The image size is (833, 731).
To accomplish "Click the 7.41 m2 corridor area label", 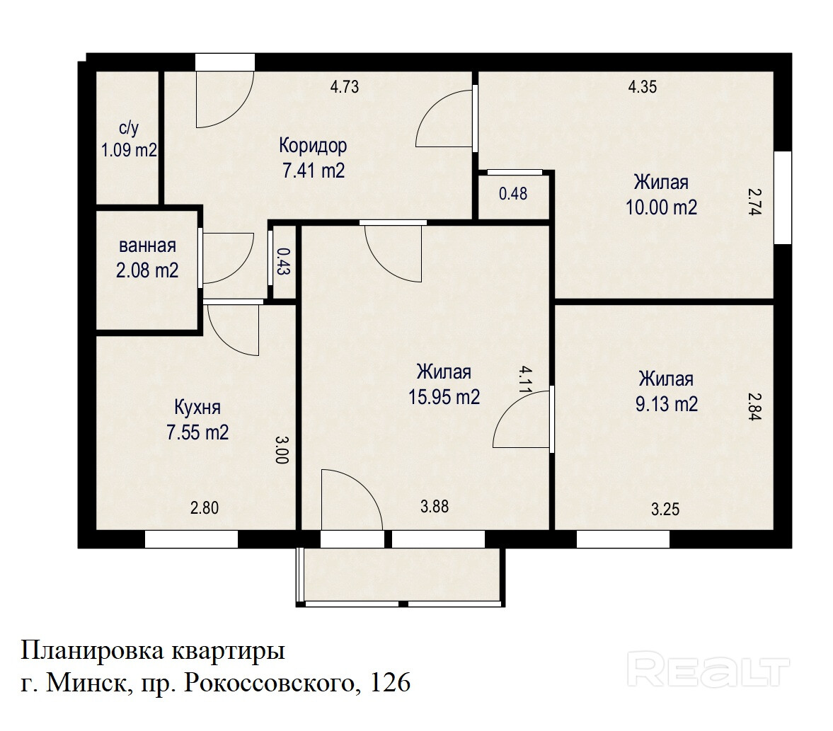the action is [314, 171].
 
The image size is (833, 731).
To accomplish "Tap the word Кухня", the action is [197, 408].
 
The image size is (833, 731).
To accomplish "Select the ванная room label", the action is [147, 246].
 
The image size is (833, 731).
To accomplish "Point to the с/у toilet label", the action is [129, 127].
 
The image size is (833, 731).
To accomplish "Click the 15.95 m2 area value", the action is [444, 397].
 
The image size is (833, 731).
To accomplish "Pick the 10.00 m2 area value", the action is [662, 207].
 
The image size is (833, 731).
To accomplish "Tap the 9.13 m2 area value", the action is [667, 404].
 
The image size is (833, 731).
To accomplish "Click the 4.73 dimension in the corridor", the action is [345, 86].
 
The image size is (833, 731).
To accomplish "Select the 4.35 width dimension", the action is [643, 86].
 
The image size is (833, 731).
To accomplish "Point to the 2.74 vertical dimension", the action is [755, 201].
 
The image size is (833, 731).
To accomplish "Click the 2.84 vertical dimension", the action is [755, 406].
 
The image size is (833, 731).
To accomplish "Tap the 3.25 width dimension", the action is [665, 510].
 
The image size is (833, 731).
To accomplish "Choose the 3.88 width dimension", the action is [435, 507].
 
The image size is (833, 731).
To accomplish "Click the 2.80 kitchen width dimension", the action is [205, 508].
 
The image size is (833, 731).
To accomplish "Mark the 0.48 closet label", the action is [513, 194].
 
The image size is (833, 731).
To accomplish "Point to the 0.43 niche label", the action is [282, 261].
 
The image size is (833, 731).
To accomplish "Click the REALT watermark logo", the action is [708, 670].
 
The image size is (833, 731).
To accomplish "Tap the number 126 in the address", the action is [390, 683].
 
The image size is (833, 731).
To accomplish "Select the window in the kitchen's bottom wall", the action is [191, 540].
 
